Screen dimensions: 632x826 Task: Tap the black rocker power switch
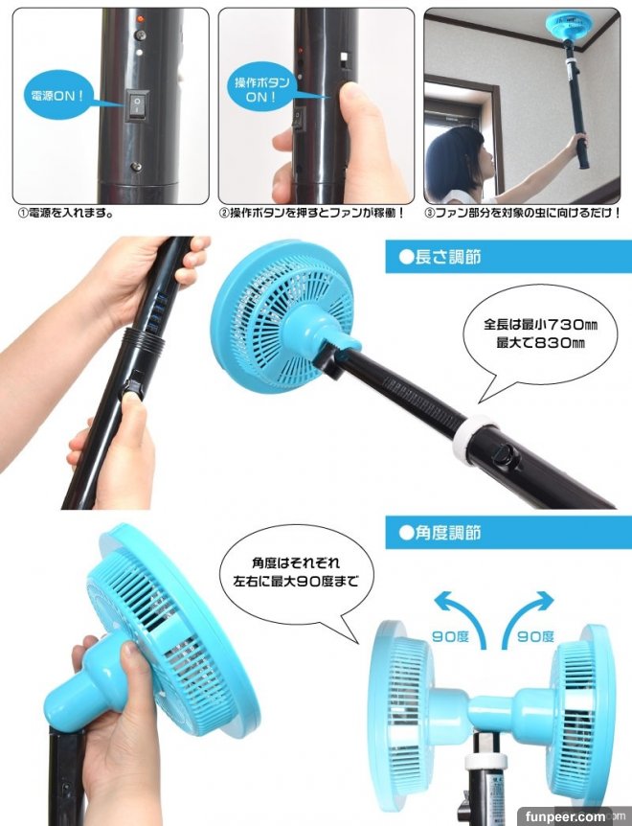point(137,104)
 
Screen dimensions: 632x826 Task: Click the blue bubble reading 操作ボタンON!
point(261,89)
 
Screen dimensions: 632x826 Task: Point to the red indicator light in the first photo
point(141,19)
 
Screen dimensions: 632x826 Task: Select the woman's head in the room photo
point(457,157)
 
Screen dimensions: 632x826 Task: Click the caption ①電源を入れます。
point(66,214)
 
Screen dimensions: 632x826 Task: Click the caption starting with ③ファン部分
point(522,214)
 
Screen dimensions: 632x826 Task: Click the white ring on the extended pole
point(473,437)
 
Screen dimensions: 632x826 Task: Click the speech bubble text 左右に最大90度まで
point(296,582)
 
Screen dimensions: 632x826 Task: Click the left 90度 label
point(450,637)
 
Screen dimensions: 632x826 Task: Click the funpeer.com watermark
point(565,817)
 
